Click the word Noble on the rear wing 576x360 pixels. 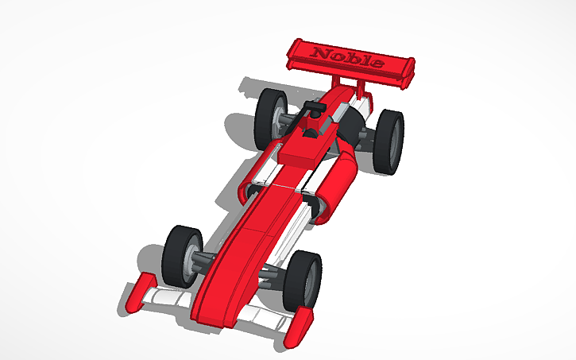(348, 57)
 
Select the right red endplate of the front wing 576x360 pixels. (303, 325)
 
